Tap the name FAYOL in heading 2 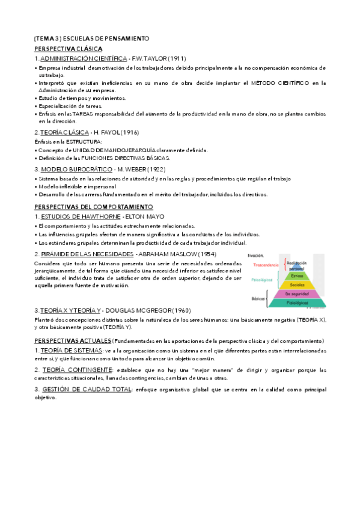point(123,131)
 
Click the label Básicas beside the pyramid point(259,298)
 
